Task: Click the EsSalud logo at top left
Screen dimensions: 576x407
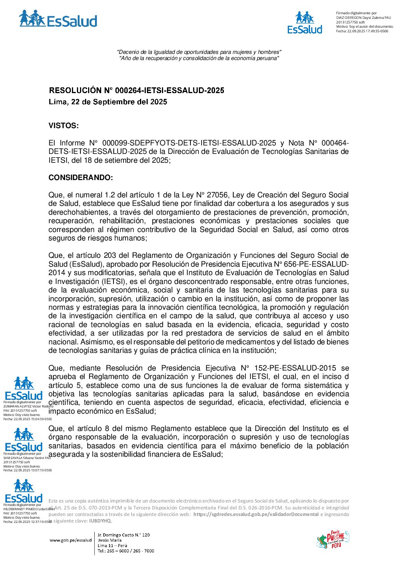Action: point(58,19)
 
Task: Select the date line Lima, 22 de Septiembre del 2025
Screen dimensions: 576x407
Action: point(108,102)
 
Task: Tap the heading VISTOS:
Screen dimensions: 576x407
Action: point(63,126)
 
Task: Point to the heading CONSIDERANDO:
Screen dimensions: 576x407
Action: point(81,178)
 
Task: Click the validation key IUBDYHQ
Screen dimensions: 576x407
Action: point(100,521)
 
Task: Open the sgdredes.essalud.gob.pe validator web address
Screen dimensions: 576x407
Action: point(256,514)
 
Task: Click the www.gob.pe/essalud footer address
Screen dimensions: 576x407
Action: point(71,540)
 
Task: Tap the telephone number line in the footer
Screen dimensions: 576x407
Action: point(126,551)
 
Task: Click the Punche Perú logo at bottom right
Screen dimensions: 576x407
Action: point(332,539)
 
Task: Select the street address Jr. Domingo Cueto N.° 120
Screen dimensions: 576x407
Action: point(123,535)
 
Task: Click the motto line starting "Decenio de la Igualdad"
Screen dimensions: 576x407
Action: point(199,52)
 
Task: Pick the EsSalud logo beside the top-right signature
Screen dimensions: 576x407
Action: point(305,23)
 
